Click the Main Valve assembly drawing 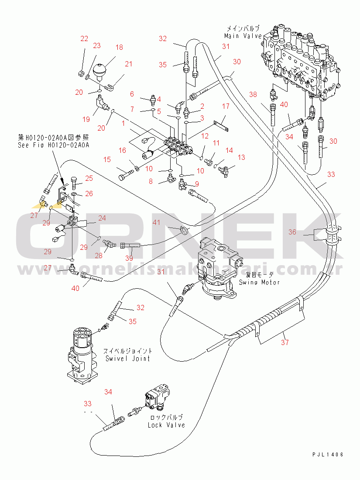point(303,66)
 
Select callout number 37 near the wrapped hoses point(285,342)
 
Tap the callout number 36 point(292,232)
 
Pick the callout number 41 point(156,223)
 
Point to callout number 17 point(226,106)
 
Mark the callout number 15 point(107,160)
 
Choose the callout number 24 point(102,218)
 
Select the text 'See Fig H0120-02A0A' point(53,145)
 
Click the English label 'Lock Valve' point(166,425)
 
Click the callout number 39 point(129,258)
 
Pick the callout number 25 point(89,178)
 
